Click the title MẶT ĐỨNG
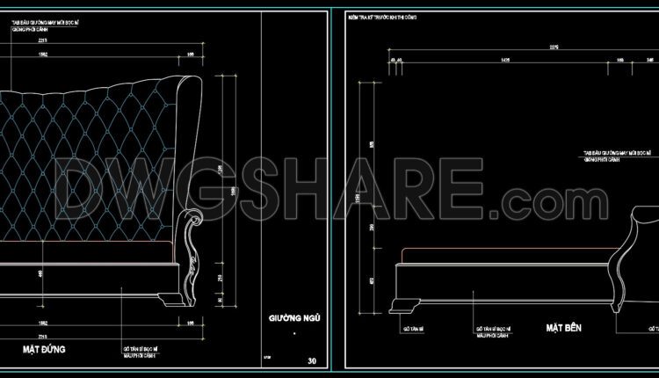[44, 349]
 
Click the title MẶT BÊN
[563, 327]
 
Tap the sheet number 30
[312, 360]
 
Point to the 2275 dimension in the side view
[554, 46]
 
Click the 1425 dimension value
[504, 60]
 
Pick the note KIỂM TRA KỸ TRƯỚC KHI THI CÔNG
[385, 16]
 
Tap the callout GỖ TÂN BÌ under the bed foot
[413, 328]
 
